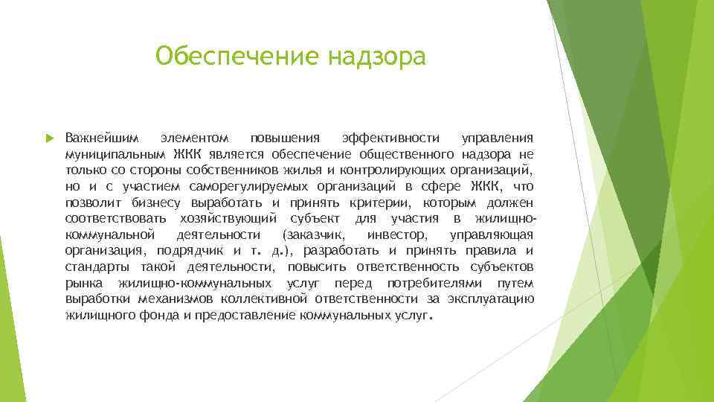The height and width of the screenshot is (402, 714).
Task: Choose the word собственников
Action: coord(243,170)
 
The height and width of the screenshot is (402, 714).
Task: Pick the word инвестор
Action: coord(397,235)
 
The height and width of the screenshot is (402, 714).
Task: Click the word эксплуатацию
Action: coord(491,299)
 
